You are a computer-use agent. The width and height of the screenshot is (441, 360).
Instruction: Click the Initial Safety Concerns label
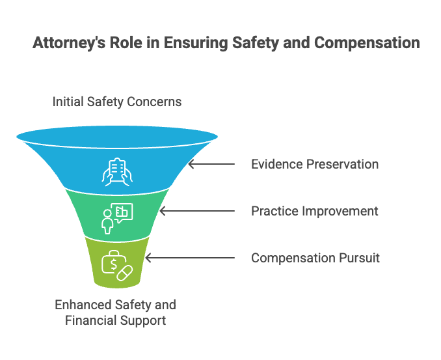click(117, 102)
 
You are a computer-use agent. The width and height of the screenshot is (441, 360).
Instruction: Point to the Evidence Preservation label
click(315, 164)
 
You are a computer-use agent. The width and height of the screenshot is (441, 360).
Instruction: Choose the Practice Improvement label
click(315, 211)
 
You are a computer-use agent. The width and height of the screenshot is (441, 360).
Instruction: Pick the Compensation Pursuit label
click(315, 258)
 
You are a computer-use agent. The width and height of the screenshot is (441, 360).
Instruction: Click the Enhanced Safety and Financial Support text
click(115, 312)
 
